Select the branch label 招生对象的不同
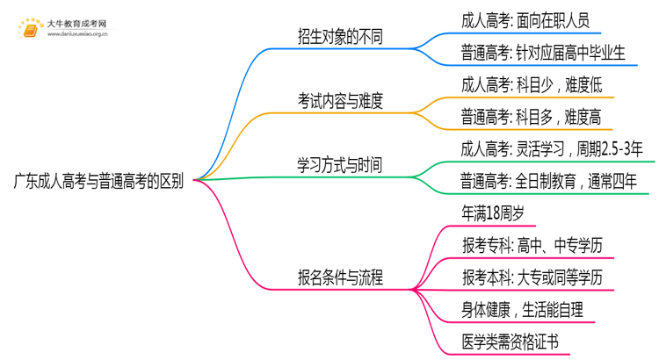point(340,37)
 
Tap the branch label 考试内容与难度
point(340,101)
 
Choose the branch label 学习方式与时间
point(340,165)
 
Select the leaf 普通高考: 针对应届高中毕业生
point(543,53)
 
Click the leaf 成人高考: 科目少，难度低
point(531,85)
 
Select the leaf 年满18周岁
point(496,212)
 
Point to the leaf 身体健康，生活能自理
point(521,309)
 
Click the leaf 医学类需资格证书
point(510,342)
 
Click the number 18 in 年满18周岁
point(498,212)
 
